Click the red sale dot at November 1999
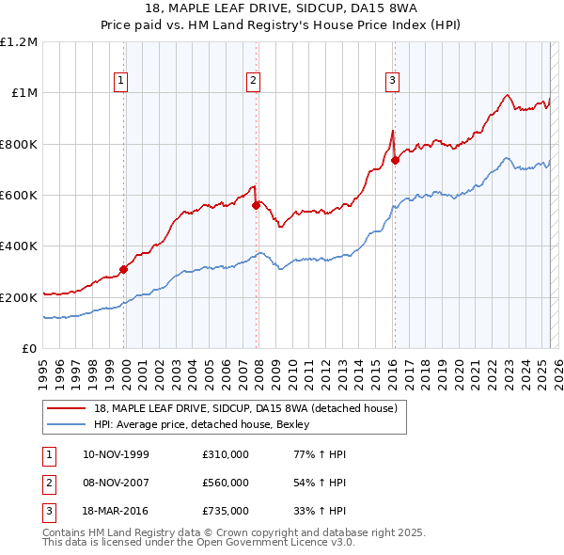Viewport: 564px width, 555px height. point(123,269)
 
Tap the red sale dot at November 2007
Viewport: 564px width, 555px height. point(256,205)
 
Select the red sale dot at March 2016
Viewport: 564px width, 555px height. point(395,161)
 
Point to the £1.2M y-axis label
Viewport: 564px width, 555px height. point(19,42)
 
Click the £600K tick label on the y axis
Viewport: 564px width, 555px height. point(19,196)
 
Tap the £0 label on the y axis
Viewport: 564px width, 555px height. point(29,349)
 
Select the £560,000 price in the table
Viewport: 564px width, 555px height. point(226,484)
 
